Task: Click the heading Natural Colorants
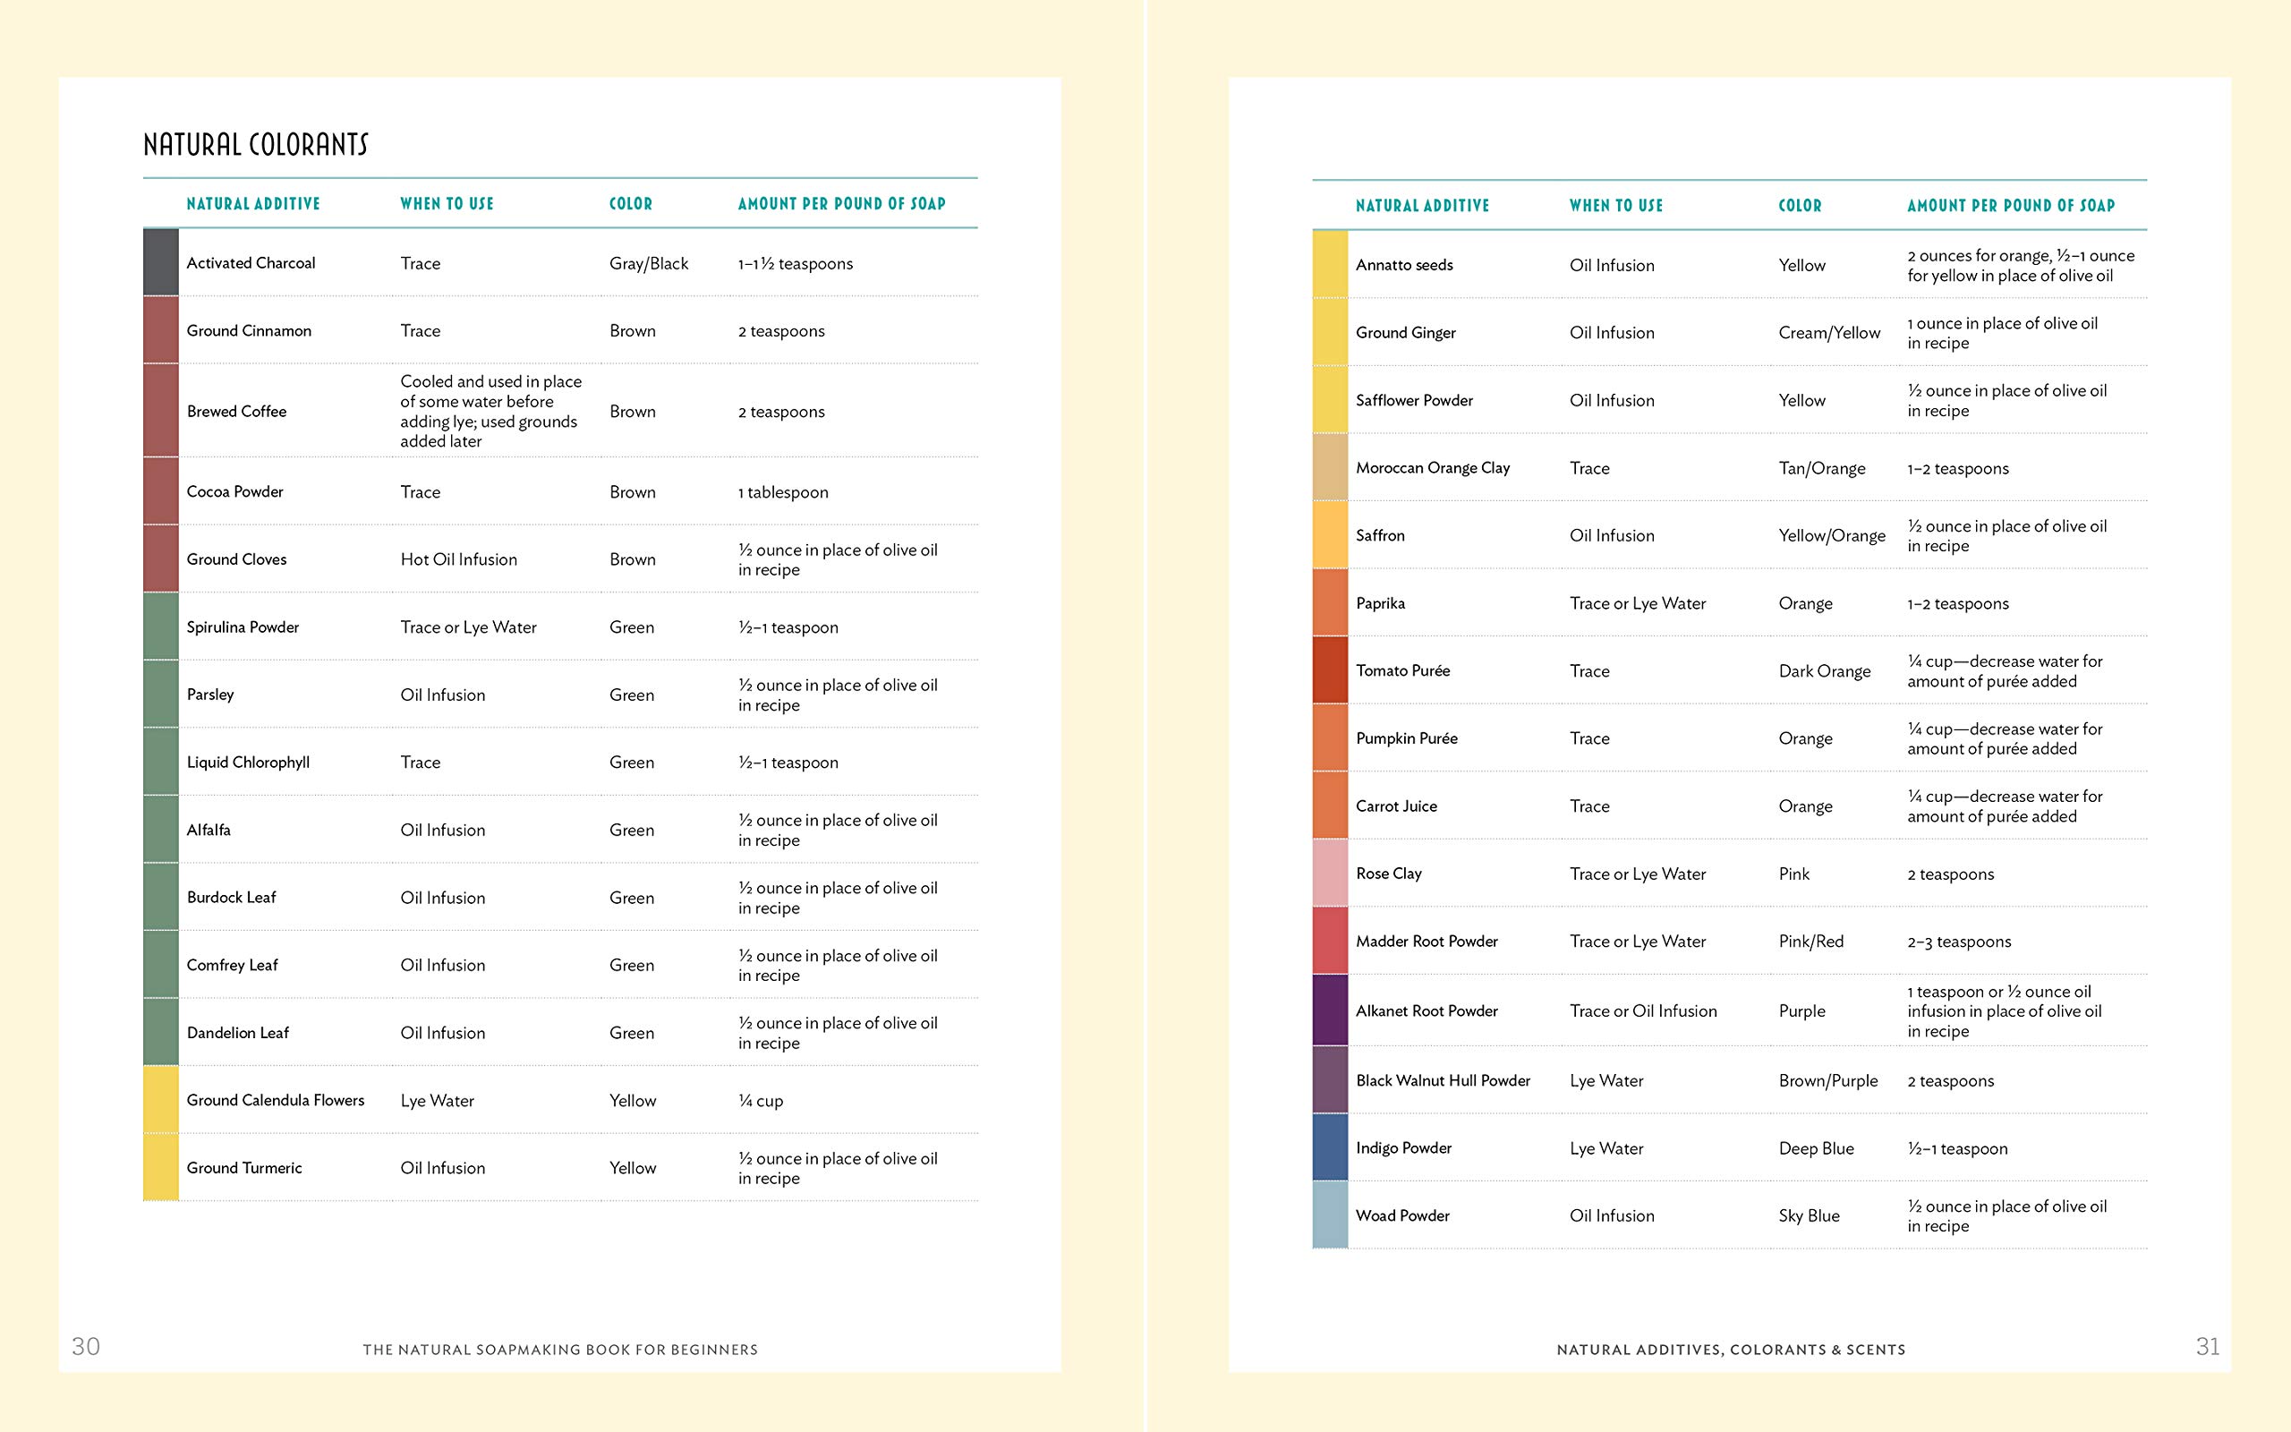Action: tap(256, 145)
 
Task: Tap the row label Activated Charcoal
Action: tap(251, 263)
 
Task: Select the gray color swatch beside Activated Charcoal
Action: tap(161, 262)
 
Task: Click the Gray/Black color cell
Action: tap(649, 263)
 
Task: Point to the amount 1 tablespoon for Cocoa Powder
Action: tap(783, 492)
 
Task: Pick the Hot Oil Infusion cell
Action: tap(458, 559)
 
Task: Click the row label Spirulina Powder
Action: tap(243, 627)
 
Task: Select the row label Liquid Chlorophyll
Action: tap(248, 763)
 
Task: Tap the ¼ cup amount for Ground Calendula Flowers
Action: tap(760, 1101)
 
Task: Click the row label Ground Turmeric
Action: tap(244, 1168)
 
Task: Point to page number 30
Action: tap(85, 1347)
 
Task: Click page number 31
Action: tap(2208, 1347)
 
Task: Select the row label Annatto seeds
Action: tap(1404, 265)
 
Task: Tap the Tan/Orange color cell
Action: tap(1821, 469)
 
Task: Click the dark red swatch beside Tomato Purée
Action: tap(1330, 669)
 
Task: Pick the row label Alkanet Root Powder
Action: tap(1427, 1011)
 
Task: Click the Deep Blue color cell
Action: tap(1816, 1149)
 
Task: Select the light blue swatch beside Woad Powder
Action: tap(1330, 1215)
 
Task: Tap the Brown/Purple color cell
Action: tap(1828, 1080)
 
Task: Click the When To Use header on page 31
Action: tap(1616, 206)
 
